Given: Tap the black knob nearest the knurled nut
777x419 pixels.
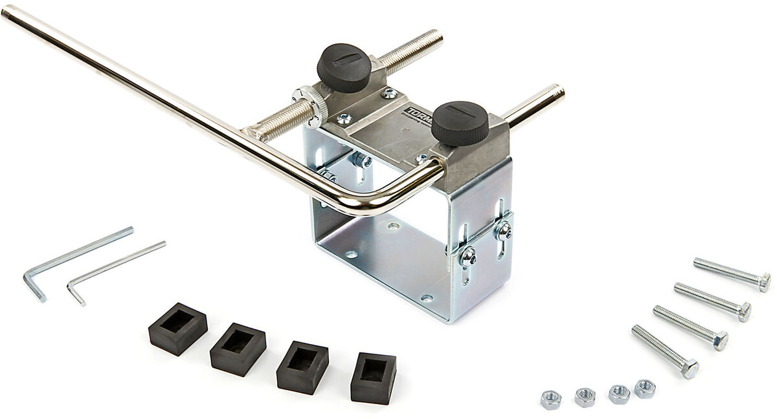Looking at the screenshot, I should [x=344, y=67].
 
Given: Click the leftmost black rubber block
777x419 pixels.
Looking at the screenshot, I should [x=177, y=328].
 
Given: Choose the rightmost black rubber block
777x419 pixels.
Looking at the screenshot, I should [x=373, y=378].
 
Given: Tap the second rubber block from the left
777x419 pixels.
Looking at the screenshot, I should [x=238, y=349].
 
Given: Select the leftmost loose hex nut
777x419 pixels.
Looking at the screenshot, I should [x=550, y=399].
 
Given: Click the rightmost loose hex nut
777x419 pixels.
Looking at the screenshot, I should [x=644, y=389].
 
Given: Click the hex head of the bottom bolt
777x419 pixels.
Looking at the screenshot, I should [x=690, y=369].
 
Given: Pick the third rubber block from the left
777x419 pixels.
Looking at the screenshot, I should [x=302, y=367].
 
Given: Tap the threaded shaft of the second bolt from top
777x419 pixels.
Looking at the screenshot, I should [x=706, y=299].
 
